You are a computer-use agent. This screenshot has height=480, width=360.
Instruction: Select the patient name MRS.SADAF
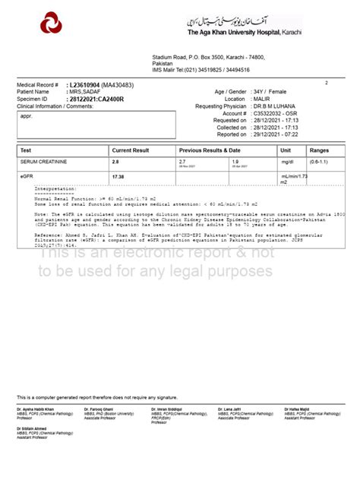[x=84, y=92]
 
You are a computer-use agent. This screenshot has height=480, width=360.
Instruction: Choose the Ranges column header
[x=319, y=151]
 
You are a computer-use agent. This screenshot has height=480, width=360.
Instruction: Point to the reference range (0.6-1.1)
[x=319, y=163]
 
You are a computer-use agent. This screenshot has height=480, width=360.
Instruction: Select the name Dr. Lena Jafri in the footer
[x=229, y=409]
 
